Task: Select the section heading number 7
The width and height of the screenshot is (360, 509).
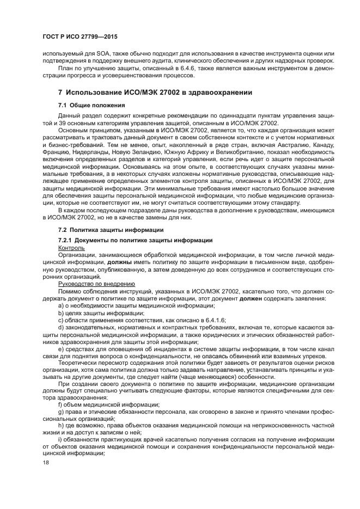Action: [60, 93]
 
